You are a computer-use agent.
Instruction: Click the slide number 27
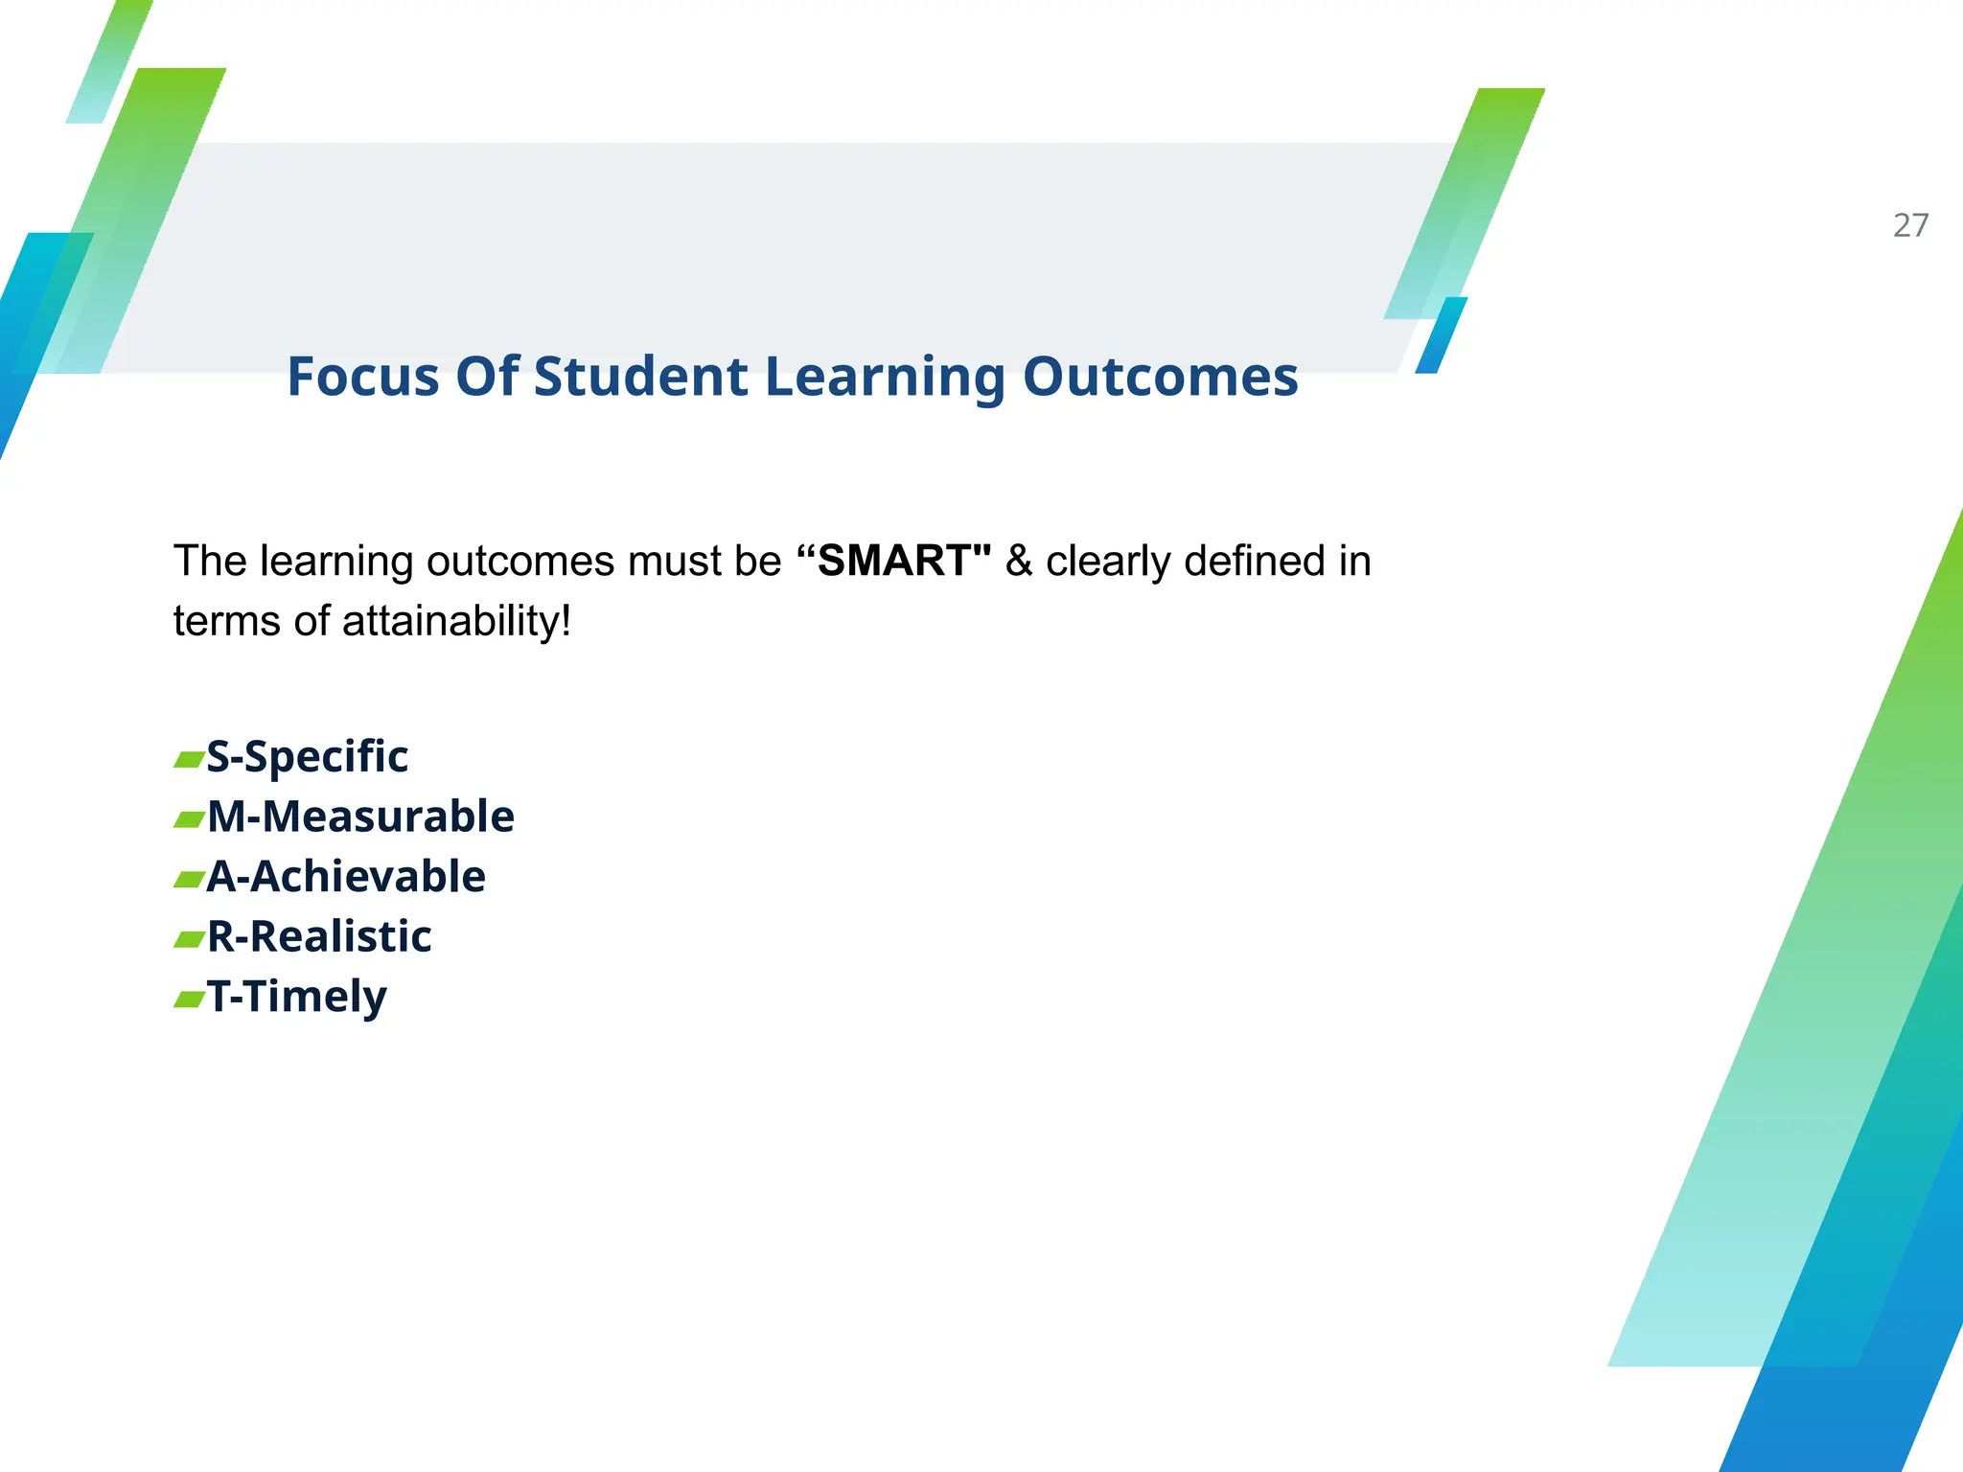(1910, 225)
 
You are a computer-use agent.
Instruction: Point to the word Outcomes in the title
(1160, 377)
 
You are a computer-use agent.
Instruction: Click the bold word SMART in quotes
(894, 561)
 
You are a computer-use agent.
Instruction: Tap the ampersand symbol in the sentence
(1018, 562)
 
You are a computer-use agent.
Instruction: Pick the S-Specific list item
(307, 757)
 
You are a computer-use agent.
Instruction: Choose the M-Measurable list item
(360, 817)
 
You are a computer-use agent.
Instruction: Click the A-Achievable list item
(346, 877)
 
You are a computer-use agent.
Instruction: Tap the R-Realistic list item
(319, 937)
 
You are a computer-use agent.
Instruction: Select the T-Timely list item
(297, 998)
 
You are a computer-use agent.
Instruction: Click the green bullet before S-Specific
(189, 760)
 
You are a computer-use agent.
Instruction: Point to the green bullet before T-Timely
(189, 1000)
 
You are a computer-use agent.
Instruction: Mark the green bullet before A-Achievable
(189, 880)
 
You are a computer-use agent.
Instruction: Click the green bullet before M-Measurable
(189, 819)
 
